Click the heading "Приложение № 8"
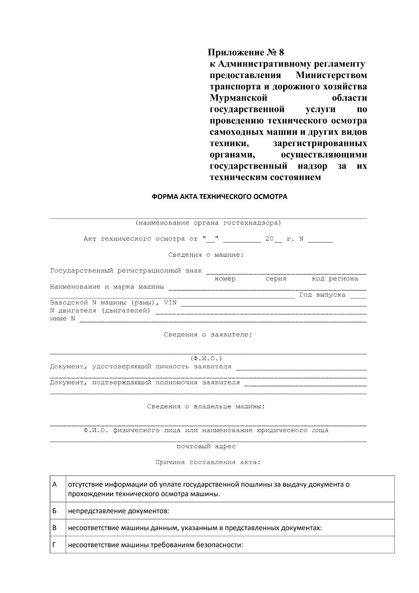(246, 53)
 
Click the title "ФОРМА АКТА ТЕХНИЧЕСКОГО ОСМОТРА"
(219, 197)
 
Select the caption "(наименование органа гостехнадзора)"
(208, 223)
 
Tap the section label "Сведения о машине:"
(206, 255)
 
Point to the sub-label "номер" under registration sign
(225, 279)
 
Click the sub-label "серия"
(276, 279)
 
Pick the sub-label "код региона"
(335, 279)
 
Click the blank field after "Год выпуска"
(358, 296)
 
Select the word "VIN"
(170, 302)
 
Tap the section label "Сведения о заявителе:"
(208, 335)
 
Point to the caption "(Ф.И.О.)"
(206, 359)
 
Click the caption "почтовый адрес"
(206, 446)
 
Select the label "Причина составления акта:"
(208, 462)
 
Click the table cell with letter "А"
(54, 485)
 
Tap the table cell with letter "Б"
(54, 511)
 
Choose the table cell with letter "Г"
(54, 544)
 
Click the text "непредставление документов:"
(119, 511)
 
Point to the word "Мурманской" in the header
(238, 98)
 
